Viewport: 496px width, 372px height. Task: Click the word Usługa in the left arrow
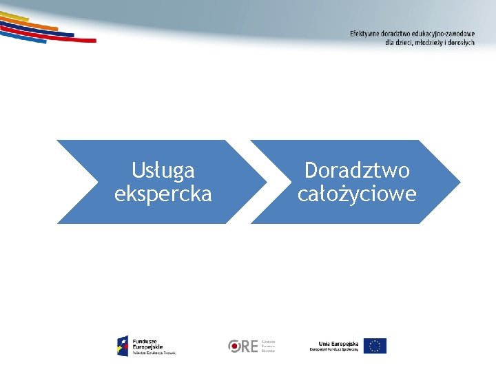pos(163,170)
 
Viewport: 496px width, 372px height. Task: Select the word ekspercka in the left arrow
pos(163,194)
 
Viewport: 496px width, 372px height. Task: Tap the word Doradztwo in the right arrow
pos(357,170)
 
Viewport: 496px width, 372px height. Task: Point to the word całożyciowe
pos(357,194)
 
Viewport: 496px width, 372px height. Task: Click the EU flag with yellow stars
pos(375,346)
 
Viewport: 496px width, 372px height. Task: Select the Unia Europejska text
pos(339,343)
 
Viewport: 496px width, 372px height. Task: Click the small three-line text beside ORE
pos(268,346)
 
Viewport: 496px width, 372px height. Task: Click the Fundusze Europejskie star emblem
pos(123,346)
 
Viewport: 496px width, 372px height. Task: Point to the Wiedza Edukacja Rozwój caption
pos(154,352)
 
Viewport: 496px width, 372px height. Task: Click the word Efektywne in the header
pos(366,34)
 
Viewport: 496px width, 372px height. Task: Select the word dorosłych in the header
pos(461,42)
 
